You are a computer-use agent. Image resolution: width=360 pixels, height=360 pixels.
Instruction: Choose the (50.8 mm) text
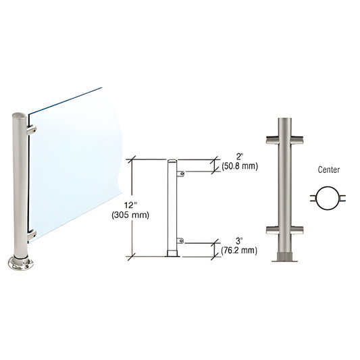(239, 168)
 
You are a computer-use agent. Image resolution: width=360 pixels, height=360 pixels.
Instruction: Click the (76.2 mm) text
(239, 250)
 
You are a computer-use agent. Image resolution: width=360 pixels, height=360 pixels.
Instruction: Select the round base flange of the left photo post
(19, 264)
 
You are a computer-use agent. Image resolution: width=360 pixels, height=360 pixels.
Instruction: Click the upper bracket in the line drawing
(180, 174)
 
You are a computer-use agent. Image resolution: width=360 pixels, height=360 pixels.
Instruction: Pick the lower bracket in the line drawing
(180, 240)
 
